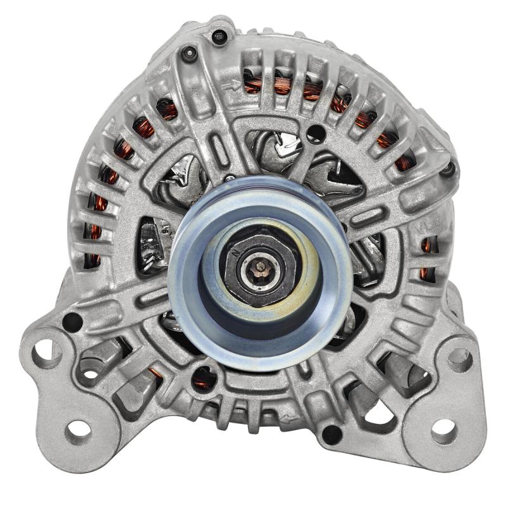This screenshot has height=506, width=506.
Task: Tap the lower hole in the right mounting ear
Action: click(443, 431)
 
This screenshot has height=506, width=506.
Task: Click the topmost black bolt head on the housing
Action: click(219, 37)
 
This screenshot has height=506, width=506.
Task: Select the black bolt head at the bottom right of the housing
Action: click(330, 434)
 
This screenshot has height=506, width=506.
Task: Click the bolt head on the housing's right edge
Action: click(448, 168)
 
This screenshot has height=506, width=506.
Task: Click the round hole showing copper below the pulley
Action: click(204, 378)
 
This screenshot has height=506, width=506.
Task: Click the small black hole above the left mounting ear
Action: click(71, 321)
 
